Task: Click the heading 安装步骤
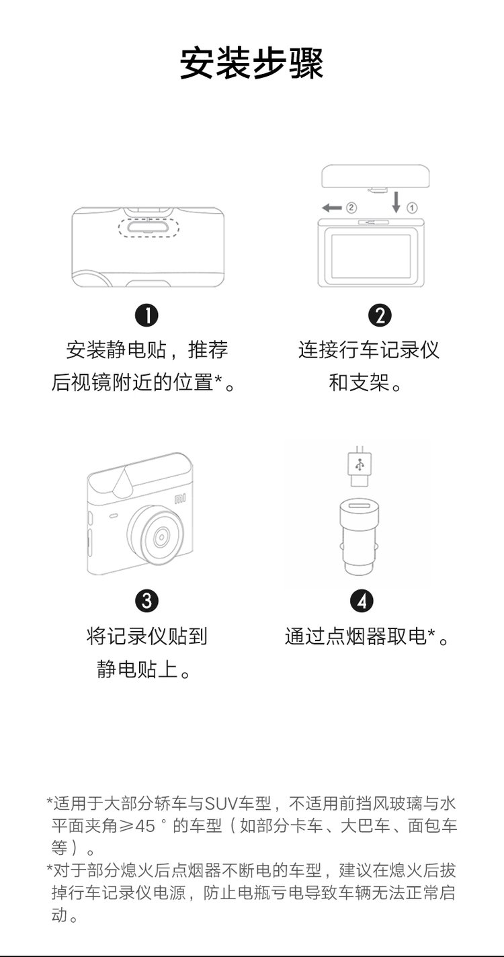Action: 251,64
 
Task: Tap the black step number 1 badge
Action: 146,316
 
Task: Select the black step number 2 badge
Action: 379,316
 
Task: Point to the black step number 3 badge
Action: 146,601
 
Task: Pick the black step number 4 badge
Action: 362,601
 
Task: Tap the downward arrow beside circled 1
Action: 396,202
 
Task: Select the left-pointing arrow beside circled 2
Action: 332,208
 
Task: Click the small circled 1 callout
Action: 412,208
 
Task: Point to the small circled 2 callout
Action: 351,208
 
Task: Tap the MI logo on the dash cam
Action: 180,499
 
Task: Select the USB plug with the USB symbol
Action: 360,466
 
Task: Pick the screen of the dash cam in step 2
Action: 371,256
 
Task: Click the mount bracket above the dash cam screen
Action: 376,177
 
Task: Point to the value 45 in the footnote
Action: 145,826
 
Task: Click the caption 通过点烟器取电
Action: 355,636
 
